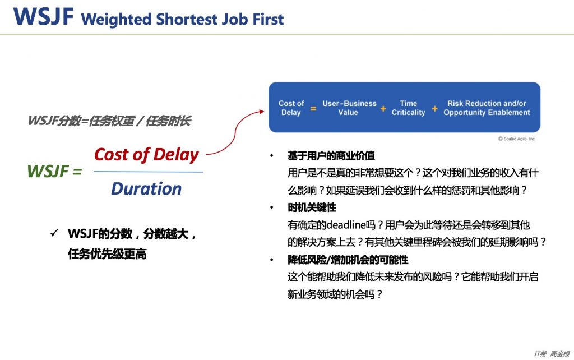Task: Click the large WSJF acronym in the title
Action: tap(43, 16)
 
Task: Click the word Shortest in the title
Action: tap(186, 20)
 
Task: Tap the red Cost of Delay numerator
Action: tap(146, 155)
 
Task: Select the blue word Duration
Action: tap(146, 189)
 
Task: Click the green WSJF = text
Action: tap(54, 171)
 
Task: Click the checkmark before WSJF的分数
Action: tap(54, 233)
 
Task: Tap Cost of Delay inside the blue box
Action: tap(291, 108)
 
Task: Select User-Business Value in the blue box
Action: tap(349, 108)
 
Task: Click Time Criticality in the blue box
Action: tap(408, 108)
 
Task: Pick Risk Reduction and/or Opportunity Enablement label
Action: tap(487, 108)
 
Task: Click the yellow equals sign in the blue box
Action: tap(313, 108)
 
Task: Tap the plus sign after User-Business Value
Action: tap(383, 109)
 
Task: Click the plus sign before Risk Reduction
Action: tap(434, 109)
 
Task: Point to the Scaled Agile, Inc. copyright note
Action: tap(516, 139)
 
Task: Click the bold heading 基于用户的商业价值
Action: tap(331, 156)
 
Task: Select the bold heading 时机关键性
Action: tap(312, 207)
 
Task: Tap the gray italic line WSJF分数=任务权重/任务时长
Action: tap(109, 121)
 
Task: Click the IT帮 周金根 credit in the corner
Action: tap(552, 354)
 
